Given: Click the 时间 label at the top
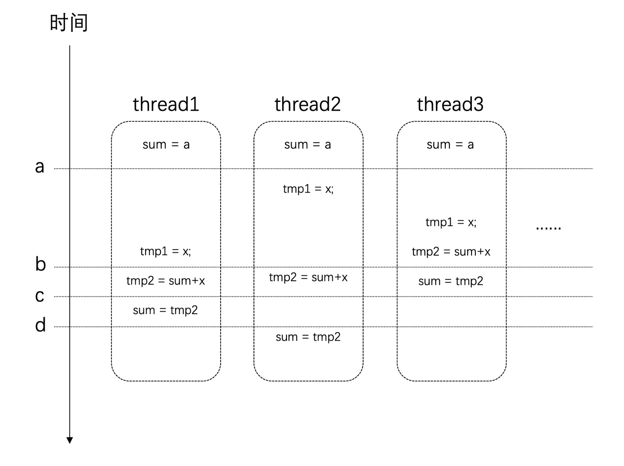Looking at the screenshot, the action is coord(68,23).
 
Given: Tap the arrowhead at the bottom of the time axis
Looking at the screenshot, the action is coord(70,440).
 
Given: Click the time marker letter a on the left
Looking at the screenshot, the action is coord(39,167).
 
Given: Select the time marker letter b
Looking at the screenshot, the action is coord(40,264).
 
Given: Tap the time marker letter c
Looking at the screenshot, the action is coord(39,296).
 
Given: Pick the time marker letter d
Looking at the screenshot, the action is coord(40,325).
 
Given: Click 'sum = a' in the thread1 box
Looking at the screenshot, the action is coord(166,144).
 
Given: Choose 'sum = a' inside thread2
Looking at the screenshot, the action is coord(308,144).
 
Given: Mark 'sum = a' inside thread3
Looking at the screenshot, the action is coord(450,144).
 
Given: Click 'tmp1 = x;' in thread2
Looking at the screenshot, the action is coord(308,189).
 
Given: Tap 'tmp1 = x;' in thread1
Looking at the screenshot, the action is coord(166,251).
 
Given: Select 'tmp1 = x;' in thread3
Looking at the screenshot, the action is coord(451,222).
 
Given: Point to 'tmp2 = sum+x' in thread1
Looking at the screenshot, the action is coord(166,281).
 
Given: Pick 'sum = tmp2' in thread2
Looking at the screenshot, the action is coord(308,337).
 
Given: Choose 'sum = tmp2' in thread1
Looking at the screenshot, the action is coord(165,310).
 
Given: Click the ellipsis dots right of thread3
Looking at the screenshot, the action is coord(548,228).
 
